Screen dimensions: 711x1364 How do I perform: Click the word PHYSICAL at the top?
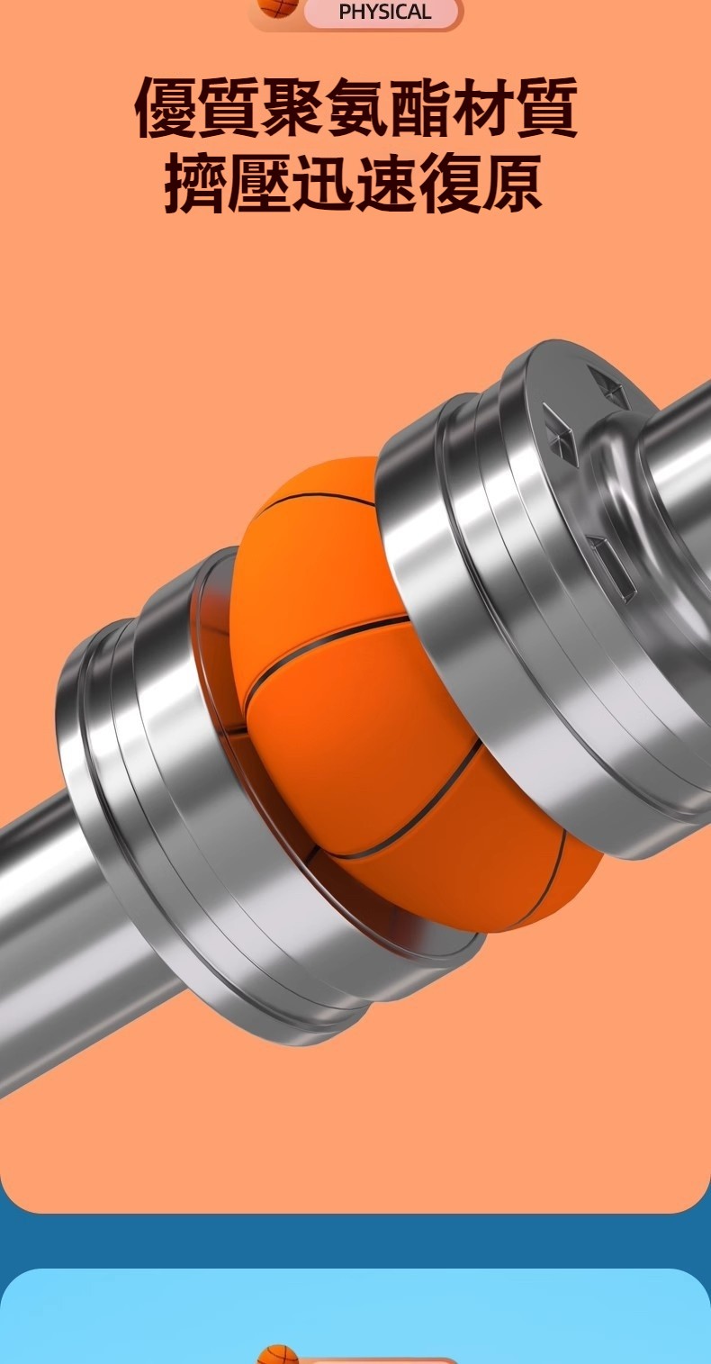384,11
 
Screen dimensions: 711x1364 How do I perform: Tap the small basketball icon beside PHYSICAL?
276,7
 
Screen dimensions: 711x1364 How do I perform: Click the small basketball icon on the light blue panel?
278,1355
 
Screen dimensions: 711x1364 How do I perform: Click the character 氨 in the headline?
355,107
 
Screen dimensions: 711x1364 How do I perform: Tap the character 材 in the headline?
482,107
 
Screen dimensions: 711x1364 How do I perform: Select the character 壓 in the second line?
259,183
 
